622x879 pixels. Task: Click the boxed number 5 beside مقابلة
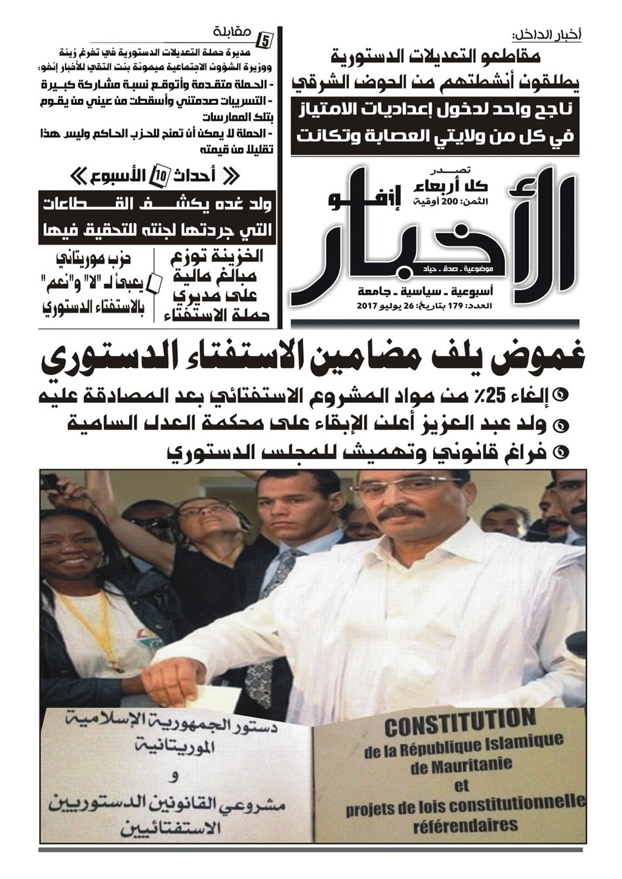265,39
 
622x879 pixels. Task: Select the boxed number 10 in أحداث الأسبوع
159,176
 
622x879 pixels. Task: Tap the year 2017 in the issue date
371,306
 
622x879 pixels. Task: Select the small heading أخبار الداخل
547,34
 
